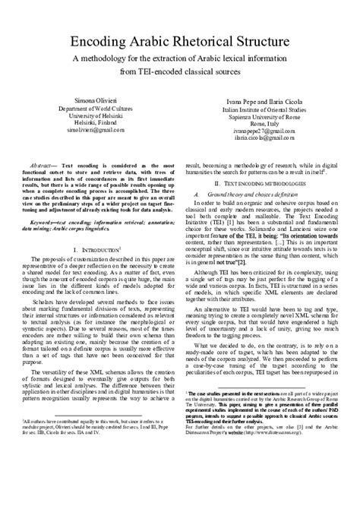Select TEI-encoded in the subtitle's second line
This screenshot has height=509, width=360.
click(157, 71)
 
